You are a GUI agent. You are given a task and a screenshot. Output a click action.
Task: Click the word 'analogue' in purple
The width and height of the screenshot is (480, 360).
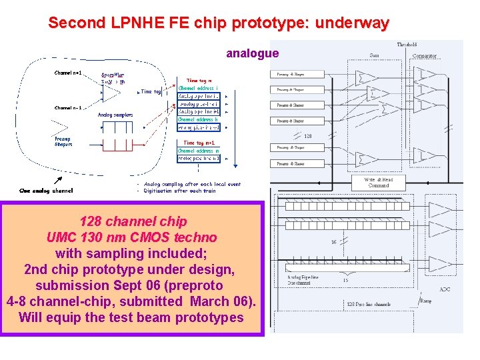pos(252,53)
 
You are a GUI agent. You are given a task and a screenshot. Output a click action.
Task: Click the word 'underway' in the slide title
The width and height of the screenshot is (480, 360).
pos(352,23)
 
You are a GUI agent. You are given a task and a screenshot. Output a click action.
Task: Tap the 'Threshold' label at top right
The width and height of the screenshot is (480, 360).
pos(407,45)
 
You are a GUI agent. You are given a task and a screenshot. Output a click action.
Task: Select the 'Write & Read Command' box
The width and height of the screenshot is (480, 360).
pos(378,182)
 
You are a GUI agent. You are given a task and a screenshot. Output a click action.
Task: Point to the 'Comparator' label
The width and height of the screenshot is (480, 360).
pos(425,55)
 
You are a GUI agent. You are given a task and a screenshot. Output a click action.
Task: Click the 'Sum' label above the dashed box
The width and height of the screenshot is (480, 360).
pos(375,55)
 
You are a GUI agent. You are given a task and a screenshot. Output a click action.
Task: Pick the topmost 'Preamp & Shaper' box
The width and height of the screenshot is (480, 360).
pos(291,73)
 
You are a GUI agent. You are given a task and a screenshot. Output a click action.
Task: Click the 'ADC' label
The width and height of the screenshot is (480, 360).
pos(445,289)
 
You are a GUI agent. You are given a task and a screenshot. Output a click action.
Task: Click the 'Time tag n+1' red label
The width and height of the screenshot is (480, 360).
pos(199,143)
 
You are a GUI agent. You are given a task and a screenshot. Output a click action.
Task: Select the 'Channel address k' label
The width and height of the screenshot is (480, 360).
pos(199,119)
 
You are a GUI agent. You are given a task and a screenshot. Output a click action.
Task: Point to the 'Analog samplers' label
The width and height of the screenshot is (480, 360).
pos(115,115)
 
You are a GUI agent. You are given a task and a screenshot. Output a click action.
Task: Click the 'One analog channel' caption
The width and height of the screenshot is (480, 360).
pos(46,190)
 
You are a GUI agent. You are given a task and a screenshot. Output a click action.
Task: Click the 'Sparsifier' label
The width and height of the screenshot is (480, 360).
pos(113,75)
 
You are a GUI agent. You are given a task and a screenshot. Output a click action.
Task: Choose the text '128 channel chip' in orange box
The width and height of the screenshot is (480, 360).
pos(133,221)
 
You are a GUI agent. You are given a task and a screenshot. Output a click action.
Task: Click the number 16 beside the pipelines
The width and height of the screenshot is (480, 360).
pos(333,243)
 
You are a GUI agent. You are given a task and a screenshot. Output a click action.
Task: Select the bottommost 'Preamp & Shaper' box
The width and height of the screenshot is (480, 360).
pos(291,163)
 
